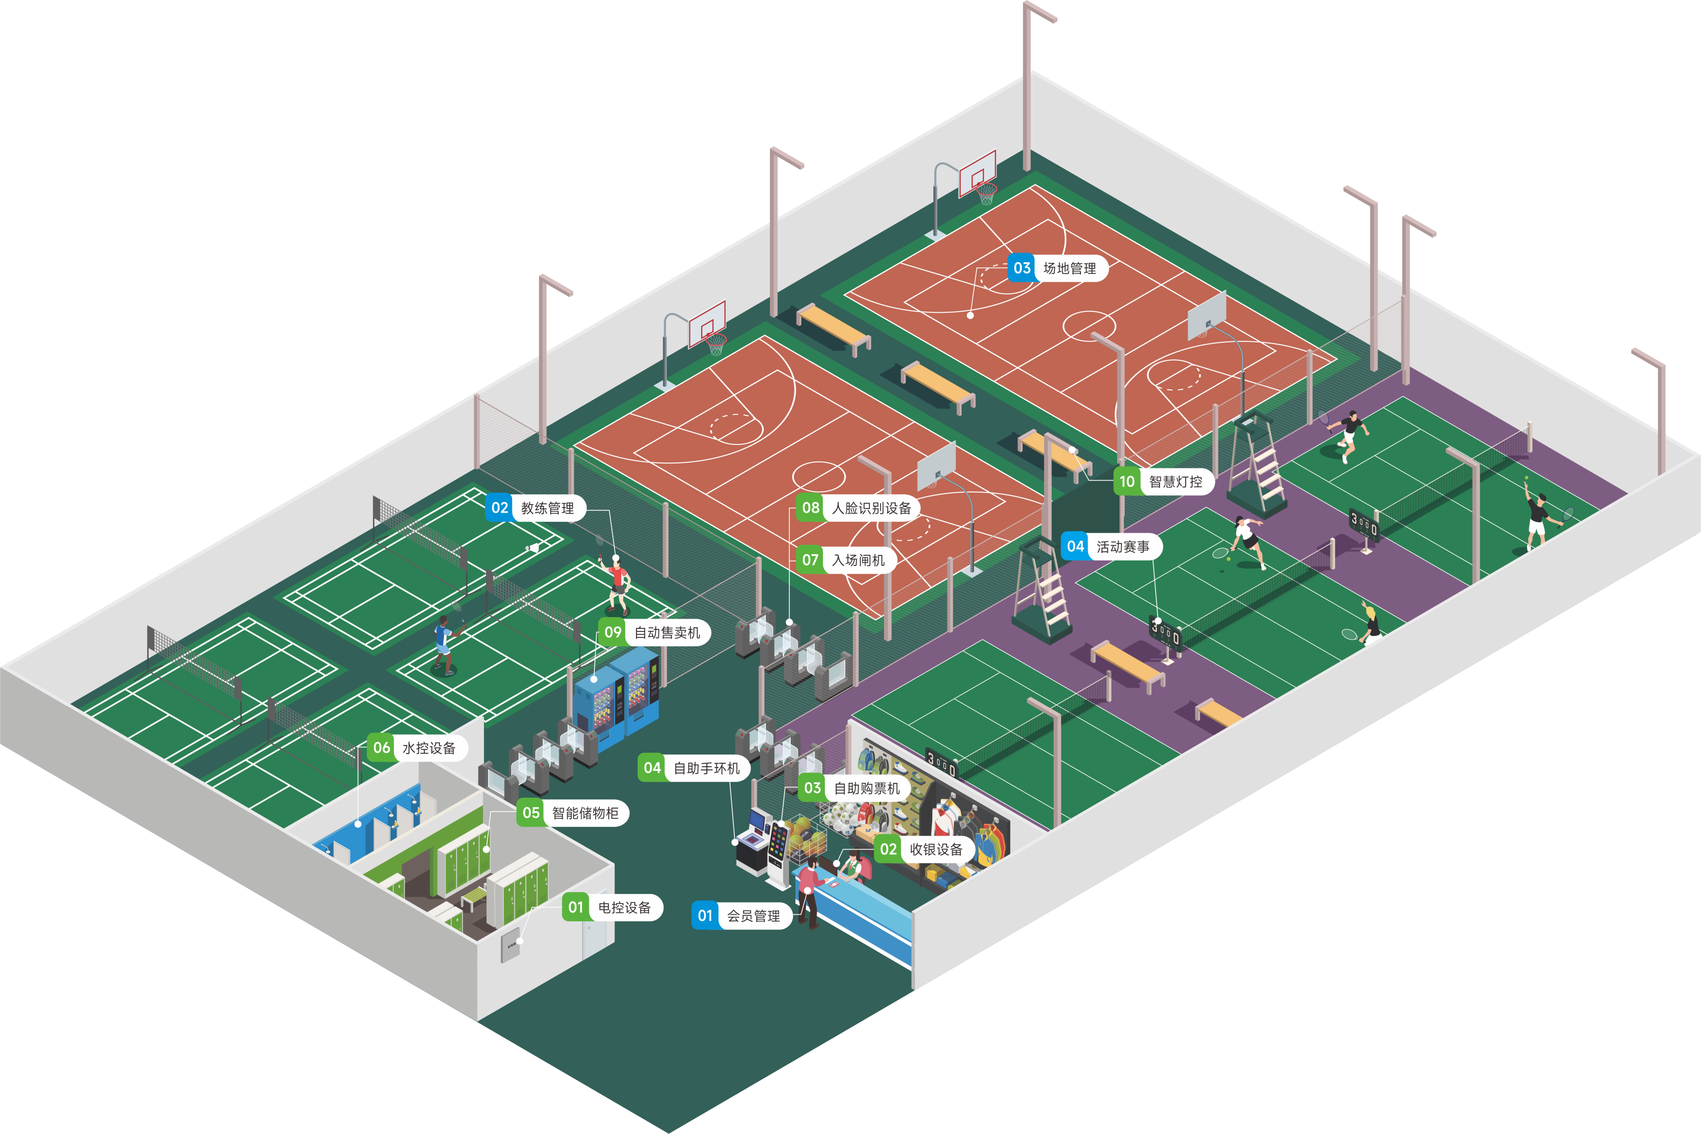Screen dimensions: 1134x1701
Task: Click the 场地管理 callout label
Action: [1057, 268]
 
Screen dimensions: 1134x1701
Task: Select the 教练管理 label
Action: [535, 508]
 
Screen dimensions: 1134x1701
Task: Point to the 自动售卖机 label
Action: [654, 632]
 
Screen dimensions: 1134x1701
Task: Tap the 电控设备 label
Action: [612, 907]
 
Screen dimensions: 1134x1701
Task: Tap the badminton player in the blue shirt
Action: [443, 644]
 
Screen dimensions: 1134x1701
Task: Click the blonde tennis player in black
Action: [1370, 623]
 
